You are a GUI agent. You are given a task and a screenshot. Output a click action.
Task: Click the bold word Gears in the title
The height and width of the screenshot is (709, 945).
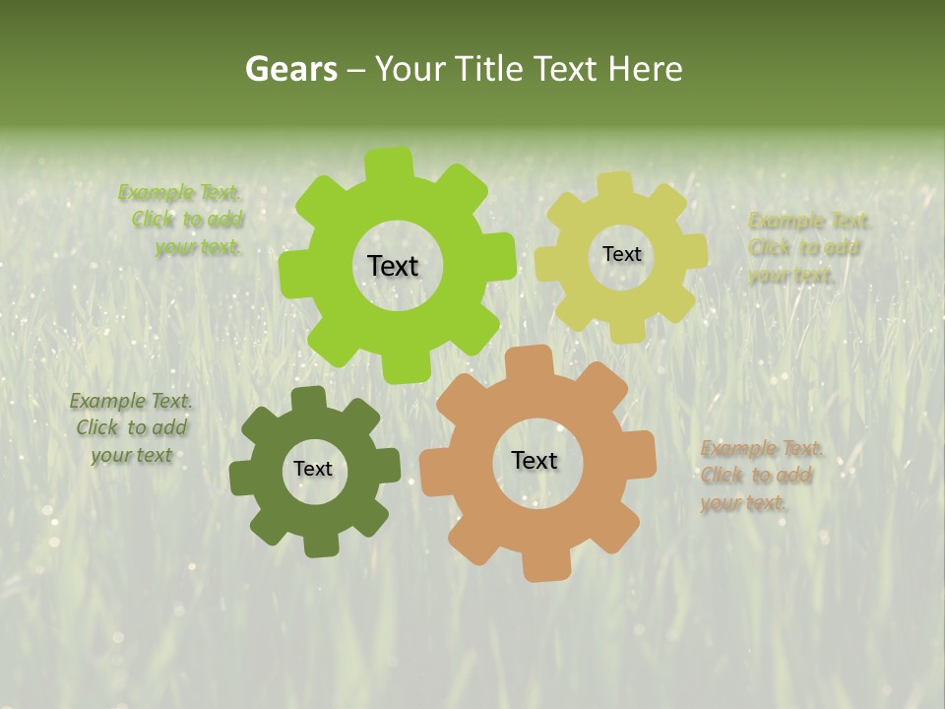coord(290,69)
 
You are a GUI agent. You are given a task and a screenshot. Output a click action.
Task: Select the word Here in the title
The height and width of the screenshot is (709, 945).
coord(645,69)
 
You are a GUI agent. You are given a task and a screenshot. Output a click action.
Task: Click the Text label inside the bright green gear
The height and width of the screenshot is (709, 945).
coord(394,266)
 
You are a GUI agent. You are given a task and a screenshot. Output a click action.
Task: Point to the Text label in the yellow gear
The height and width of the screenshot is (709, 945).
coord(621,254)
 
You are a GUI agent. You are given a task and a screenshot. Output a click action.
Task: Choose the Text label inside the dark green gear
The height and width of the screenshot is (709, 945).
coord(313,469)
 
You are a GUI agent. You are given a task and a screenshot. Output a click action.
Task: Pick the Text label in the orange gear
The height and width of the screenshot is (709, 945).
coord(535,460)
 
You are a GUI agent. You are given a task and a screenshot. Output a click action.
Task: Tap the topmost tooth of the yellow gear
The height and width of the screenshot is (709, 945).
coord(615,185)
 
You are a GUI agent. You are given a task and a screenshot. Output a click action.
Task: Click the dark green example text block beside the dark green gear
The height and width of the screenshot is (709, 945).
coord(132,428)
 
